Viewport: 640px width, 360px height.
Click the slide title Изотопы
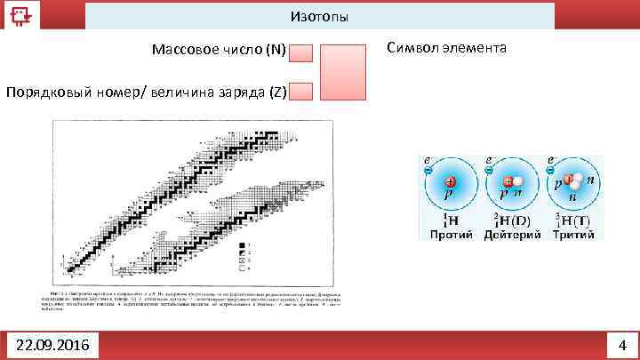tap(319, 17)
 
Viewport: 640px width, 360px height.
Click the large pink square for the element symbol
tap(343, 71)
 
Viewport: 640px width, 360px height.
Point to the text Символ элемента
tap(447, 47)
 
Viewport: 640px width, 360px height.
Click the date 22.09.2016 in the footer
tap(52, 344)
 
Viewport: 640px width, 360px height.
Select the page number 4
tap(622, 344)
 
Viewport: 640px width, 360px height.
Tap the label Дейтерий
tap(511, 235)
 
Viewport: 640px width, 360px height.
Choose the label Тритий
tap(572, 235)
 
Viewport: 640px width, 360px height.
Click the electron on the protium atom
tap(428, 169)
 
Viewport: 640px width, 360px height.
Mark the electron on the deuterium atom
tap(489, 169)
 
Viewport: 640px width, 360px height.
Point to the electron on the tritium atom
tap(550, 169)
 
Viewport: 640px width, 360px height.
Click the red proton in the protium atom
tap(451, 181)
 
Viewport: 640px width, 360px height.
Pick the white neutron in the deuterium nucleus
tap(516, 181)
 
